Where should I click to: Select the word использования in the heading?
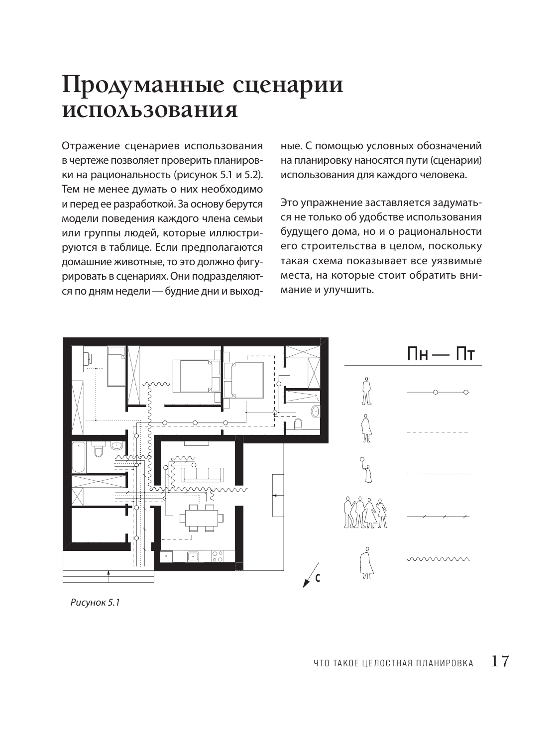pos(149,110)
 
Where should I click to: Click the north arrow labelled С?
pos(312,576)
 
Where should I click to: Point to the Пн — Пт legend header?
pos(441,355)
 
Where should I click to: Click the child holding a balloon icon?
pos(366,470)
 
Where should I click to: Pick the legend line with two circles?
pos(438,393)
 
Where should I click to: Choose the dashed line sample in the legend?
pos(438,432)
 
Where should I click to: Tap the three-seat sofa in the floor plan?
pos(202,474)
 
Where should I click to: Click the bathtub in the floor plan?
pos(79,457)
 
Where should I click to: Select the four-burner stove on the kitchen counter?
pos(218,556)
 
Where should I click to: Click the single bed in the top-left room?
pos(116,367)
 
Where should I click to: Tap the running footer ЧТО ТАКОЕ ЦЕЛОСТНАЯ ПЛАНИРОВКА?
pos(394,663)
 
